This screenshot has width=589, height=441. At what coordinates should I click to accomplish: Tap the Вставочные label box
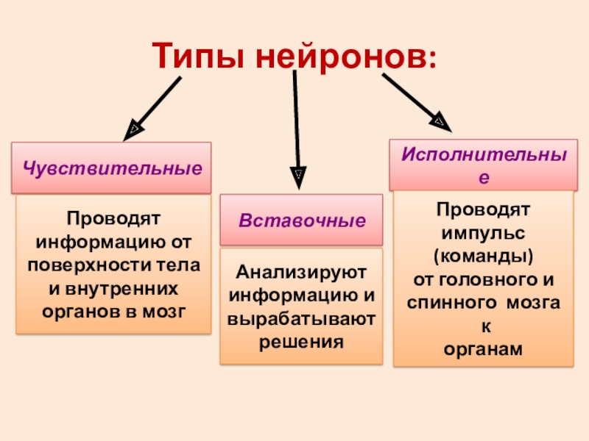click(301, 220)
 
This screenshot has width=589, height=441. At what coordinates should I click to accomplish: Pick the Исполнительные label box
click(483, 165)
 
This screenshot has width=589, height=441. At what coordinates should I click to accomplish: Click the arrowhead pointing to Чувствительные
click(133, 130)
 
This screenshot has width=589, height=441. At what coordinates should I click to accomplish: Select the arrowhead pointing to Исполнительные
click(440, 119)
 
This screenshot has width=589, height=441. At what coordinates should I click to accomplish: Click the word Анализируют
click(301, 273)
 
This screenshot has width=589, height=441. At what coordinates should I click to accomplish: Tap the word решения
click(301, 342)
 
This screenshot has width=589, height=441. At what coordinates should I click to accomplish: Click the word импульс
click(483, 233)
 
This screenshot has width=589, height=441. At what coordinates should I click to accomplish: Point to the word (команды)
click(483, 257)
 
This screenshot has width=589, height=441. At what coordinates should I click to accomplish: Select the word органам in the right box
click(483, 350)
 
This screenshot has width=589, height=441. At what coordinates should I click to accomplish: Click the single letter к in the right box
click(483, 326)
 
